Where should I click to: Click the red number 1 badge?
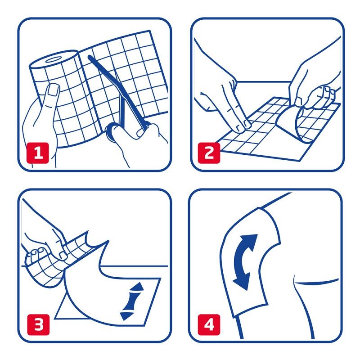click(x=38, y=153)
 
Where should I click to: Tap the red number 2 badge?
click(x=209, y=153)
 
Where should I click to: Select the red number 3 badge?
click(x=38, y=324)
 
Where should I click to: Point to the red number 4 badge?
click(x=209, y=324)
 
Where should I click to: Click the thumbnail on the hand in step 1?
click(x=53, y=90)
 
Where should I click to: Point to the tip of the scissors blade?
click(x=90, y=57)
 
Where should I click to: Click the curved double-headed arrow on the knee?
click(x=244, y=262)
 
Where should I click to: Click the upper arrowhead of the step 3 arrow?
click(x=137, y=287)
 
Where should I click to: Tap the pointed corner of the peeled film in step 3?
click(x=108, y=241)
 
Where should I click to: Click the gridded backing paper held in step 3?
click(x=55, y=260)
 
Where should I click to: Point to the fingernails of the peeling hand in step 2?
click(x=328, y=91)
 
